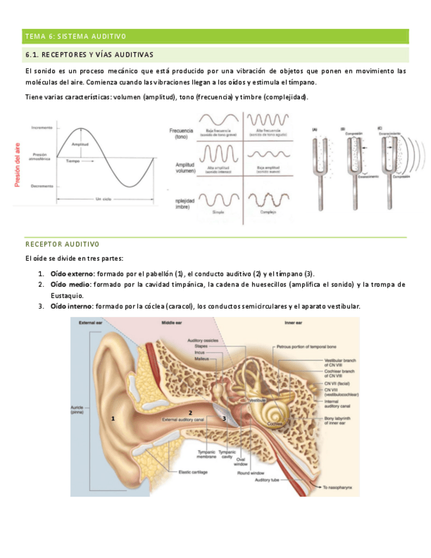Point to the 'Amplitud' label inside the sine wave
click(81, 144)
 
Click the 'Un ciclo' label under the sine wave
click(104, 198)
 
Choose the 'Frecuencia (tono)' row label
click(181, 134)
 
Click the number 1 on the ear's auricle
click(113, 418)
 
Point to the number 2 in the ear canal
click(190, 413)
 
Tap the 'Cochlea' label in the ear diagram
click(275, 425)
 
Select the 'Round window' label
click(251, 472)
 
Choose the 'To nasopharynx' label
click(340, 488)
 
